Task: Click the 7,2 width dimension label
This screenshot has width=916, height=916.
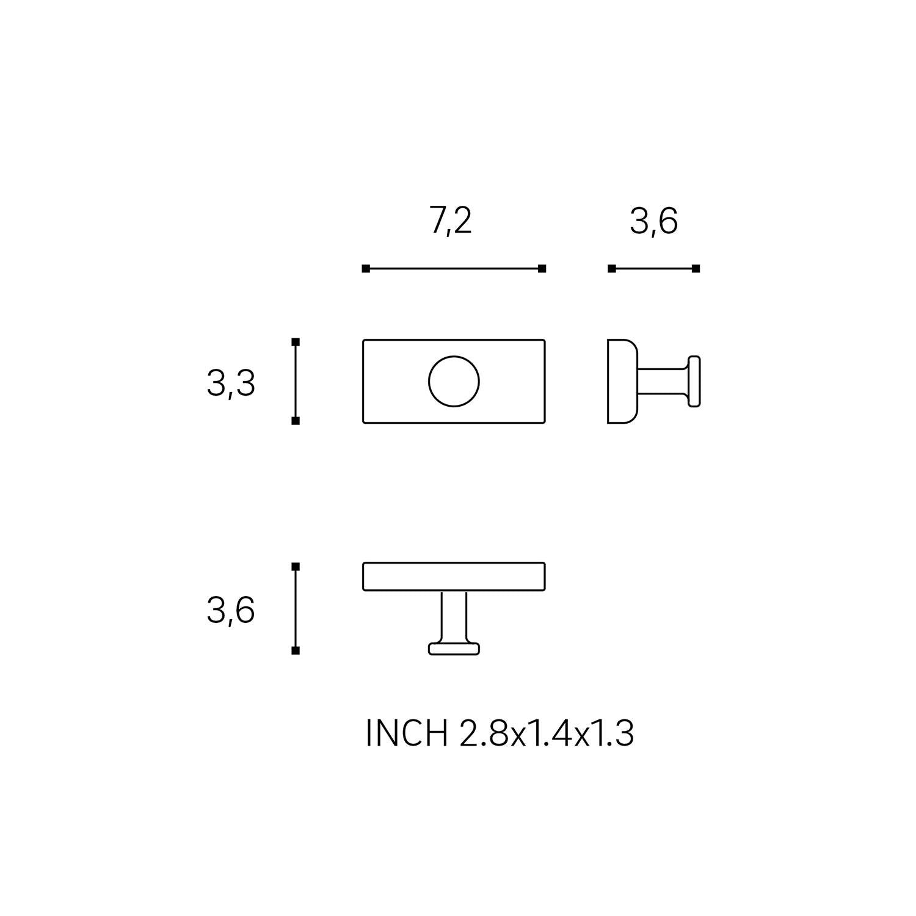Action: tap(451, 222)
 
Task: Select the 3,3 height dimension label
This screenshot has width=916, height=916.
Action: tap(231, 385)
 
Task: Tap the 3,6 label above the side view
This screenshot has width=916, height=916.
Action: tap(654, 222)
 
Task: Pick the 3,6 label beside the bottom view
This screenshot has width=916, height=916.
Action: tap(231, 611)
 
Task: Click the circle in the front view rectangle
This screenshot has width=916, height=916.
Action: tap(454, 382)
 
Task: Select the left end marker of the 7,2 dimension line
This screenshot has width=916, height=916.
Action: tap(366, 269)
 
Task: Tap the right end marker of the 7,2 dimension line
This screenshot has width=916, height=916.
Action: tap(542, 269)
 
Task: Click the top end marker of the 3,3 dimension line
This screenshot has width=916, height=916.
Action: tap(296, 341)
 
